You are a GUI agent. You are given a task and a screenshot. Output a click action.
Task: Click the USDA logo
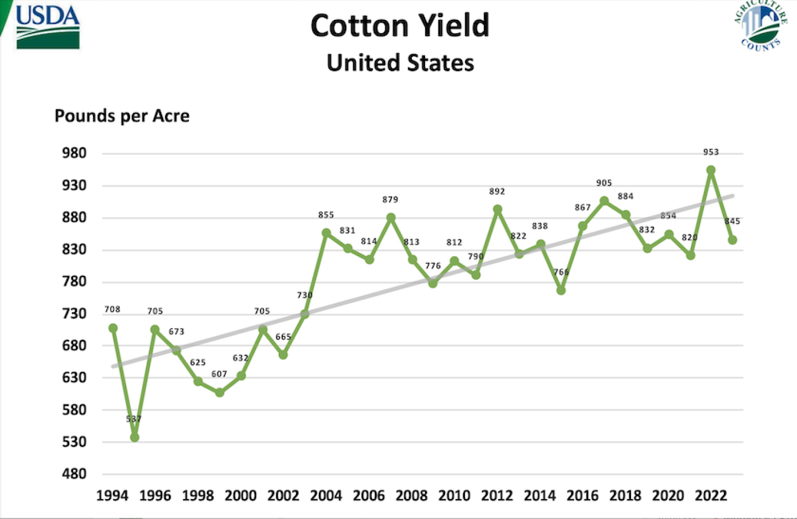[48, 27]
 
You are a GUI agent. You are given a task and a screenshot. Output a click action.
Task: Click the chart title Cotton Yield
[400, 25]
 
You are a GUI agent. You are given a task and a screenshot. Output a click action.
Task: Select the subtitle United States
[400, 63]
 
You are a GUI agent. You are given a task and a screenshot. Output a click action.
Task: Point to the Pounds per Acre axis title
[122, 116]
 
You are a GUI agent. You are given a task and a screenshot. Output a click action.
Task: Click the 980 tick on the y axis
[74, 153]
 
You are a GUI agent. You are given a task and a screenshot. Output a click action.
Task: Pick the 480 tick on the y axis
[74, 474]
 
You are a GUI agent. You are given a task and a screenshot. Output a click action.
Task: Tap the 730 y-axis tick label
[74, 314]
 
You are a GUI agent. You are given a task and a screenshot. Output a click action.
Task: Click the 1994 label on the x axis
[112, 495]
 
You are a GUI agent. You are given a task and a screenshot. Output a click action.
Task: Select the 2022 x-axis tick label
[711, 495]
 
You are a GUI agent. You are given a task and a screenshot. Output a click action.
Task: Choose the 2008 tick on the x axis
[411, 495]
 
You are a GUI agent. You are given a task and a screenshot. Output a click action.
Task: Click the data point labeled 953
[711, 170]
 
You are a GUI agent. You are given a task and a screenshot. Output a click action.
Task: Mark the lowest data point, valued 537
[134, 437]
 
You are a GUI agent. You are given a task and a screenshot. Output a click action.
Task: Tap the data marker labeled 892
[498, 210]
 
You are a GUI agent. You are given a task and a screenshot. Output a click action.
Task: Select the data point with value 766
[561, 290]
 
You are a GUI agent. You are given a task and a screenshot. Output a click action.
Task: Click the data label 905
[604, 183]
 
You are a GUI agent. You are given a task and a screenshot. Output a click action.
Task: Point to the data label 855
[326, 215]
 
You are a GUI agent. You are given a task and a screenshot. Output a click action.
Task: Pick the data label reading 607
[219, 374]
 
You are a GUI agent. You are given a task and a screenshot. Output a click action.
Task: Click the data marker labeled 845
[732, 240]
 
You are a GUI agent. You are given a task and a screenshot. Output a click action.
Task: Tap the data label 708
[112, 309]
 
